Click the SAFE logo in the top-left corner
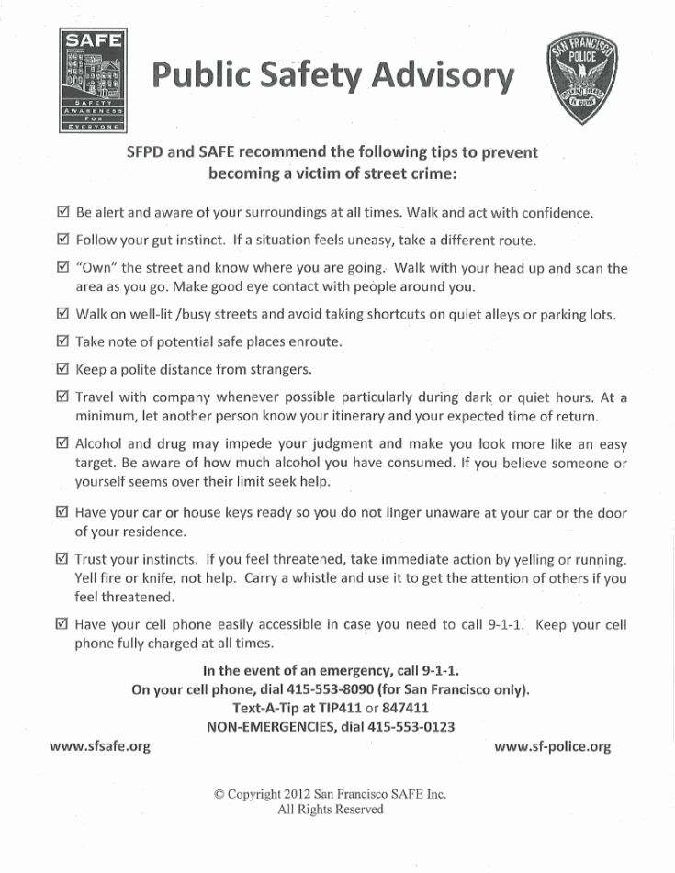tap(92, 81)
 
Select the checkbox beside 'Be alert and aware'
tap(62, 212)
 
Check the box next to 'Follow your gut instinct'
tap(62, 240)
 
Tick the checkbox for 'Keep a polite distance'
tap(62, 370)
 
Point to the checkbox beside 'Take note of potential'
tap(62, 341)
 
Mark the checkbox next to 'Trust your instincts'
tap(62, 558)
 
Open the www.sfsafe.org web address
tap(99, 746)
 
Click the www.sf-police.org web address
tap(552, 746)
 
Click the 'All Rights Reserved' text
tap(331, 810)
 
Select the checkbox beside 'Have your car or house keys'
tap(62, 512)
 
